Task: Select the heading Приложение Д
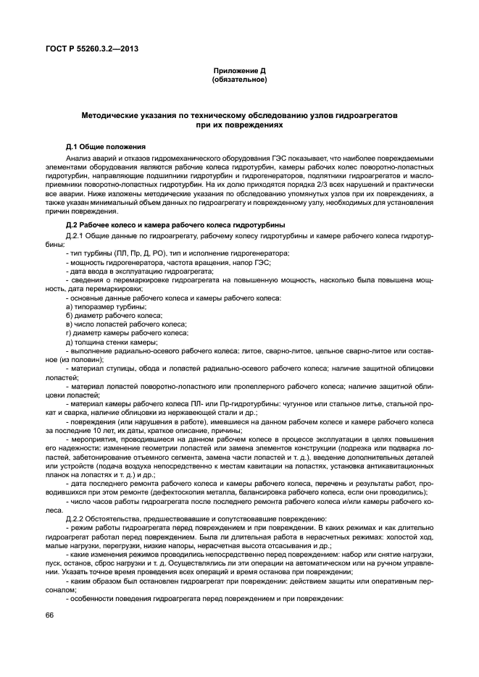[x=239, y=70]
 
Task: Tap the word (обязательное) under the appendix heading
[x=239, y=79]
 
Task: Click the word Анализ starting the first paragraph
[x=79, y=157]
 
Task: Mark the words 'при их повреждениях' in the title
[x=239, y=125]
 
